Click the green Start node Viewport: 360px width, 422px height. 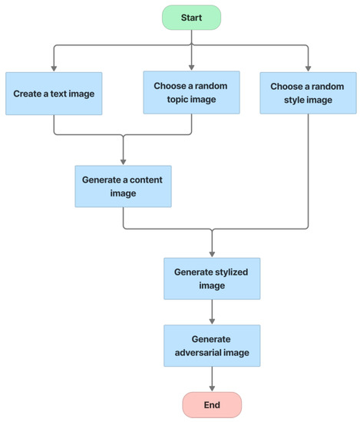coord(191,17)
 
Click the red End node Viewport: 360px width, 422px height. coord(211,404)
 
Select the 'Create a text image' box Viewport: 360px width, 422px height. coord(53,94)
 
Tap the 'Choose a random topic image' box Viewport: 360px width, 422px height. coord(191,92)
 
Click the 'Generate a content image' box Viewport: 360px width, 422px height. coord(123,186)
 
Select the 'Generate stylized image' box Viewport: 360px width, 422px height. coord(211,278)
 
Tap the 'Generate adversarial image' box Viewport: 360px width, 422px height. coord(211,345)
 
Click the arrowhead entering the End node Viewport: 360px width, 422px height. coord(211,388)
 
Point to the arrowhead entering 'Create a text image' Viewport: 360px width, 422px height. coord(53,68)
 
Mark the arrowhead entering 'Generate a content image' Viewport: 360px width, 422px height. coord(123,161)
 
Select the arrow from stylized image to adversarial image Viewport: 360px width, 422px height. coord(211,311)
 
